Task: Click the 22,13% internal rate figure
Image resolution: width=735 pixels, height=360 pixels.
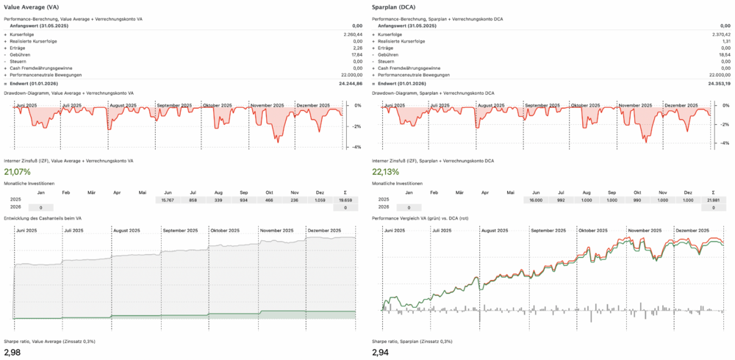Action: [x=386, y=172]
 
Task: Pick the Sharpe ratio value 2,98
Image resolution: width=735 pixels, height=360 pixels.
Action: [x=12, y=353]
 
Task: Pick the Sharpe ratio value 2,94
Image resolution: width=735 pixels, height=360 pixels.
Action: [x=381, y=353]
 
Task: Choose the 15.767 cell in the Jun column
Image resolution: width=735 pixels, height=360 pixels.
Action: [x=168, y=200]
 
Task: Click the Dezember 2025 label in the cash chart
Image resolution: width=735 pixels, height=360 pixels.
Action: [x=325, y=231]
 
